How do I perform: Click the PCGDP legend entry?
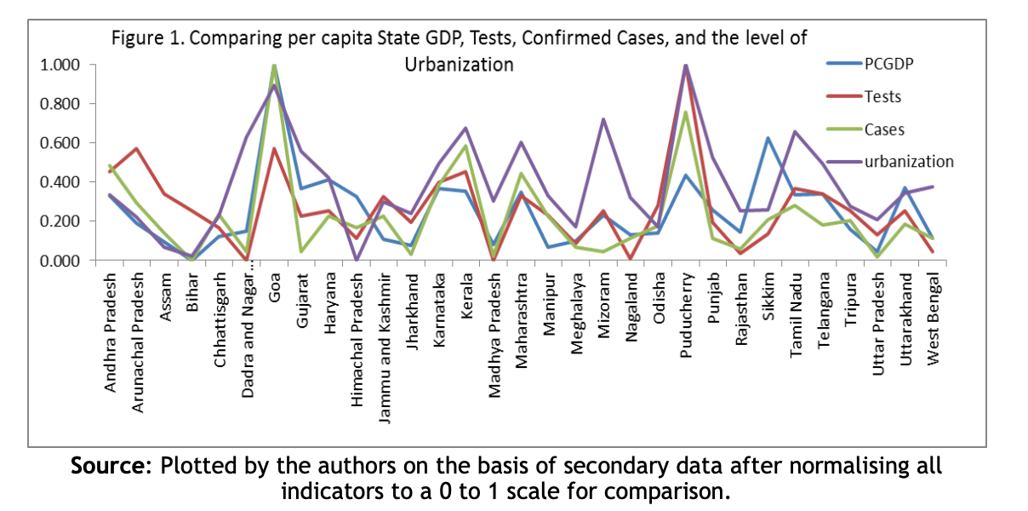tap(885, 62)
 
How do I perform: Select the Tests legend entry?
tap(882, 95)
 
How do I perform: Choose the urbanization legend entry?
tap(908, 161)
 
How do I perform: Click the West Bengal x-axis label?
tap(934, 317)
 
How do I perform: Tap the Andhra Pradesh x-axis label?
tap(111, 332)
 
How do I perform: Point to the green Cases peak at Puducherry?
tap(686, 112)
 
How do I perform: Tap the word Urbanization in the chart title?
tap(459, 65)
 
